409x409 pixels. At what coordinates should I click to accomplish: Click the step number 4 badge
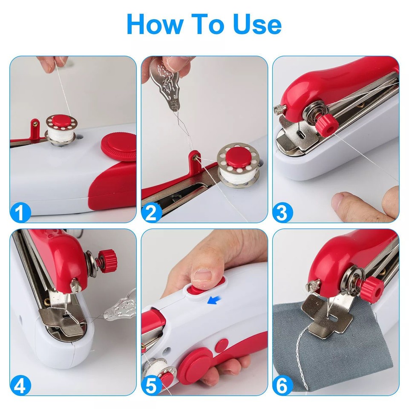click(x=20, y=386)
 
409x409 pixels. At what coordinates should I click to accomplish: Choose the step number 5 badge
click(x=152, y=386)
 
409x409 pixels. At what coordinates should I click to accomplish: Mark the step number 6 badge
click(x=282, y=386)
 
